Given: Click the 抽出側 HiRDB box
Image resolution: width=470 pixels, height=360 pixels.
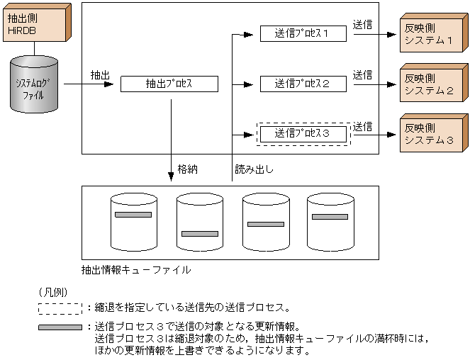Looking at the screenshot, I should coord(33,26).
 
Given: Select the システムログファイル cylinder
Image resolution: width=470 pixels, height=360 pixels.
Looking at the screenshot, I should coord(35,85).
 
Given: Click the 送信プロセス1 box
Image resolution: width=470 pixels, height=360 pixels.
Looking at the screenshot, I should coord(303,33).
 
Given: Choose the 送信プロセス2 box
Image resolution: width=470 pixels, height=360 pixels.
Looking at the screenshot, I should coord(303,84).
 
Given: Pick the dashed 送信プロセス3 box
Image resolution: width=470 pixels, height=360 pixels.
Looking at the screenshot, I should coord(303,133).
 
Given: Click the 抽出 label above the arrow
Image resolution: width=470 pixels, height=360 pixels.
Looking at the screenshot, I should coord(100,74).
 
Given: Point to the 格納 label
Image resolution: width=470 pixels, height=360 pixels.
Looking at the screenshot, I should coord(187,169).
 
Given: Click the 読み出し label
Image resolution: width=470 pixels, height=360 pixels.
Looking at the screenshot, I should coord(254,169).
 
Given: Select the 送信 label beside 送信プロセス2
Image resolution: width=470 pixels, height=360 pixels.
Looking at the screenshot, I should coord(363,74).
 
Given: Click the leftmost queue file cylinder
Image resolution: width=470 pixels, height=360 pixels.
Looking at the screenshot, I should coord(134,222).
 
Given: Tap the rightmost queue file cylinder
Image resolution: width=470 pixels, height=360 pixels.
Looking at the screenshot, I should coord(330,222).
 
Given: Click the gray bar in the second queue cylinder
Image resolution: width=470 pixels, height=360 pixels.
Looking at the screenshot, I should coord(199,233).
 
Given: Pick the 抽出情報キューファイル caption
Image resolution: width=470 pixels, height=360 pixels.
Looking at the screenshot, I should coord(135,270).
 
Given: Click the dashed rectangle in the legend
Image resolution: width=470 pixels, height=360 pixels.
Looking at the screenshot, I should coord(60,308).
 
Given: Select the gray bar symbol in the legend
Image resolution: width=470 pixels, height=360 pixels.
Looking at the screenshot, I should coord(60,327).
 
